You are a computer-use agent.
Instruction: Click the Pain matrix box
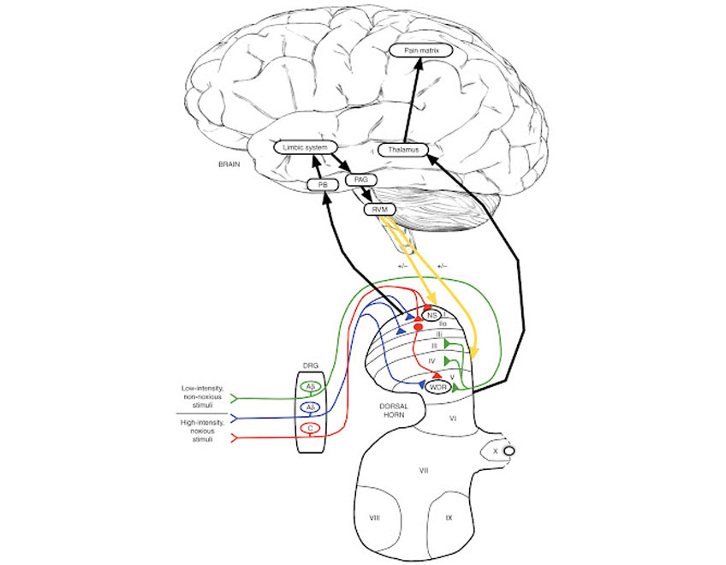click(417, 51)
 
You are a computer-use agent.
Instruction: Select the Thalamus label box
click(402, 150)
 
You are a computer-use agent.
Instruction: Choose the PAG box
click(360, 181)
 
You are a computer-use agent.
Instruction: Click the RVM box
click(377, 209)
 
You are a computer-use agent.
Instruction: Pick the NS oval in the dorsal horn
click(432, 316)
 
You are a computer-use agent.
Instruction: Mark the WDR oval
click(437, 387)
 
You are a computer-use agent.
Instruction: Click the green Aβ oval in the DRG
click(313, 386)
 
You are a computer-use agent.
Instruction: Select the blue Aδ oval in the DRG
click(313, 407)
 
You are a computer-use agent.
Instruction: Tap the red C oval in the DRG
click(313, 428)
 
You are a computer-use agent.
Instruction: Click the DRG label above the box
click(313, 363)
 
